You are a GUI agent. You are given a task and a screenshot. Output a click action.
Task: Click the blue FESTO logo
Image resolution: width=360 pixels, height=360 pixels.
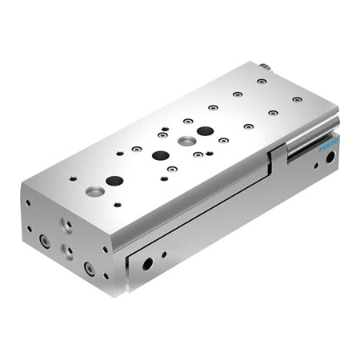329,146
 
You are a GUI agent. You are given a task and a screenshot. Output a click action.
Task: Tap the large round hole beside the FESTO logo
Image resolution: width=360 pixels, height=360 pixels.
330,158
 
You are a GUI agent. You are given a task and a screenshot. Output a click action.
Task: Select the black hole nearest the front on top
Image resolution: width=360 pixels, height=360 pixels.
114,181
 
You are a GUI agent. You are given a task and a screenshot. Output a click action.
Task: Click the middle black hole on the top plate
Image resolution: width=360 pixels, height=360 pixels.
160,155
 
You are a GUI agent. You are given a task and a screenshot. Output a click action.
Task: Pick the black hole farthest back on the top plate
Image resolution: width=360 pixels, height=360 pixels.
205,130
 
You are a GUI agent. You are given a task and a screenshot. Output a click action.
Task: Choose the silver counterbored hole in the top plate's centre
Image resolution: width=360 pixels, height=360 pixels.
187,142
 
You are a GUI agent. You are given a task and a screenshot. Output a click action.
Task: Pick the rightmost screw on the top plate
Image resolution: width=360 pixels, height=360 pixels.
297,99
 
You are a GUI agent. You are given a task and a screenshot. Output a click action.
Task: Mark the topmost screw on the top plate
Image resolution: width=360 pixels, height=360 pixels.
262,81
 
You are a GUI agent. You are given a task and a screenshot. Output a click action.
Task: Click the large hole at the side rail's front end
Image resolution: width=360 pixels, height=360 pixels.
147,263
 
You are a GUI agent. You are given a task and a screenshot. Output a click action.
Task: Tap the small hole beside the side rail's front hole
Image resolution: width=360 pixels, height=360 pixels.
164,255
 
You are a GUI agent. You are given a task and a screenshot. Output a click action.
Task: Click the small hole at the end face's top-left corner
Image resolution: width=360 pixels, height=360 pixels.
28,203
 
